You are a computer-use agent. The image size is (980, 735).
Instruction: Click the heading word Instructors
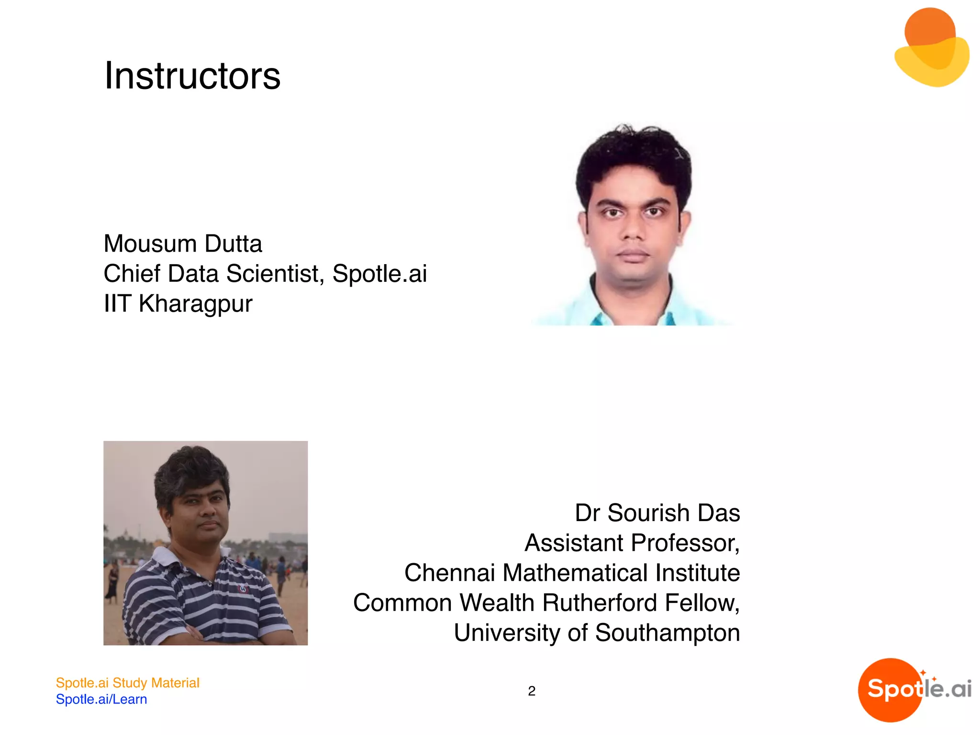tap(192, 76)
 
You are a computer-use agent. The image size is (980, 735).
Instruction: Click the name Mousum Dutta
tap(183, 244)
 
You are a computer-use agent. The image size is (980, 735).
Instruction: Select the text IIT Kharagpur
tap(178, 303)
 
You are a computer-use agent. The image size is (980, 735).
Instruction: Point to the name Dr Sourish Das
tap(657, 513)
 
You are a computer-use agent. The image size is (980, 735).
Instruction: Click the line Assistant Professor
tap(632, 543)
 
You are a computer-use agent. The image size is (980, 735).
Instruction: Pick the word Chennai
tap(449, 573)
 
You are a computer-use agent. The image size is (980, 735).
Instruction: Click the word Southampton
tap(667, 633)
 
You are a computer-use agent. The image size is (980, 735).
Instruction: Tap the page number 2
tap(531, 691)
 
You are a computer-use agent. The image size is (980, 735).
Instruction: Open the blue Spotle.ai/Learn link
tap(101, 699)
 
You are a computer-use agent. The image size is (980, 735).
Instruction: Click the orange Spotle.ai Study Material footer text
tap(127, 683)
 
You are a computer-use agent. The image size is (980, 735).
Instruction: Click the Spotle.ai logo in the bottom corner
tap(914, 690)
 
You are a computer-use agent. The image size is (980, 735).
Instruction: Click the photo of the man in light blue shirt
tap(633, 225)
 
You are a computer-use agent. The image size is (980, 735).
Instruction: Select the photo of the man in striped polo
tap(205, 543)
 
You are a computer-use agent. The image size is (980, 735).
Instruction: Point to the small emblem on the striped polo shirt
tap(244, 588)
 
